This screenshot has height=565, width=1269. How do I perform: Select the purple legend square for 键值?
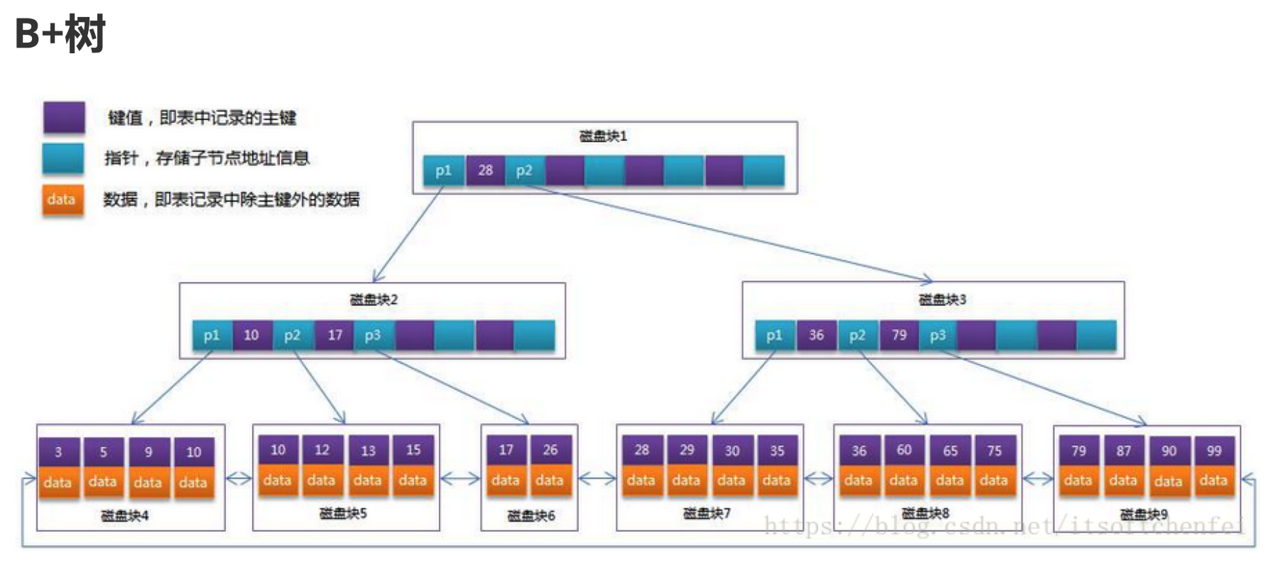click(64, 117)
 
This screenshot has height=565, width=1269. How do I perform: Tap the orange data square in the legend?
click(62, 200)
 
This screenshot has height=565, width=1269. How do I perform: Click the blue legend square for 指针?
click(62, 158)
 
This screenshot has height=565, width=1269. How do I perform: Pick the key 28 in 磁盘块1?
click(485, 171)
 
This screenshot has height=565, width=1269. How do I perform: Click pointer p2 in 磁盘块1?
click(524, 171)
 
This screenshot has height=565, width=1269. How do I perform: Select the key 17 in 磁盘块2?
click(334, 335)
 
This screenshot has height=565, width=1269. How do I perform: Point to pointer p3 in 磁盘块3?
click(937, 335)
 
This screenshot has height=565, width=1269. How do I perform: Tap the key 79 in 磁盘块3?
click(899, 335)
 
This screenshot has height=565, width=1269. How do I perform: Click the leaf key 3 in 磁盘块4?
click(58, 452)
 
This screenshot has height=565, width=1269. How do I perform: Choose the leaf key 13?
click(368, 451)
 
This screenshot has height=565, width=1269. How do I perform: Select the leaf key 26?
click(550, 450)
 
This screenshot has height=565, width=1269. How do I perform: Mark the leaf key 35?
click(777, 451)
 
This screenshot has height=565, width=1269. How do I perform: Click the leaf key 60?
click(904, 450)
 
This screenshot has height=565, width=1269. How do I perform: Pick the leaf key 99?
click(1214, 451)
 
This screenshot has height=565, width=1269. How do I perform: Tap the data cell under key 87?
click(1123, 480)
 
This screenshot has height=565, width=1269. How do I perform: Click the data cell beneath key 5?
click(103, 482)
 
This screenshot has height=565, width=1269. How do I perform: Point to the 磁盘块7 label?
click(707, 513)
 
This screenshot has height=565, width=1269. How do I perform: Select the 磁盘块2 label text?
click(374, 299)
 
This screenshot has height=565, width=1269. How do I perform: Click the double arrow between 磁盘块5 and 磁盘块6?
click(460, 479)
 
